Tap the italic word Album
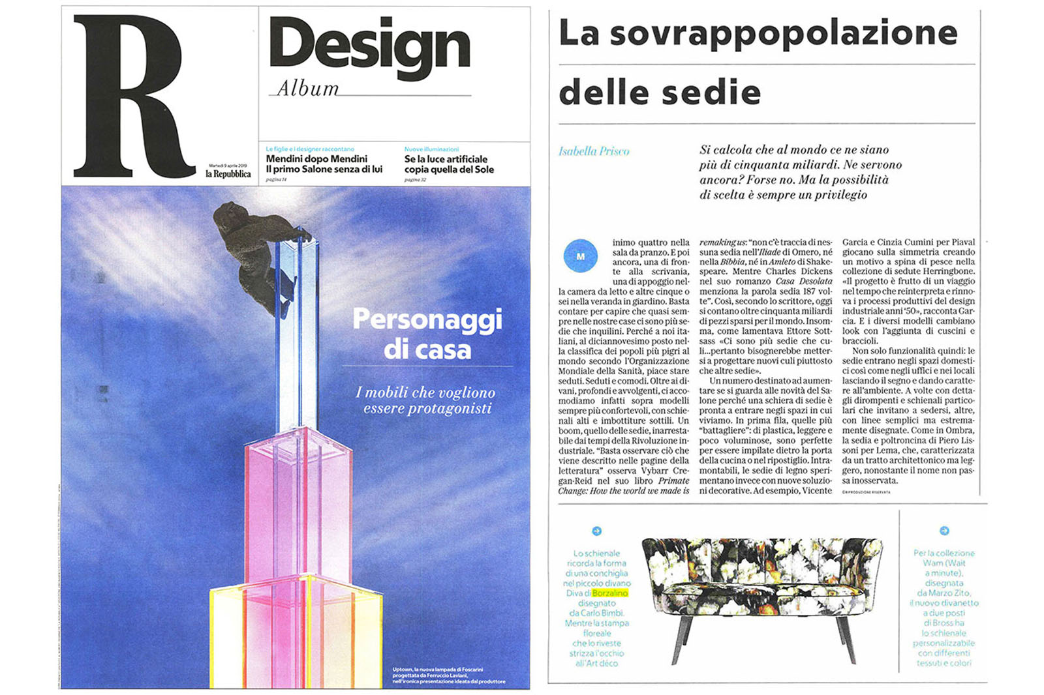click(x=308, y=89)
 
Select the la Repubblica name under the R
click(x=228, y=174)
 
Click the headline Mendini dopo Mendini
click(x=316, y=159)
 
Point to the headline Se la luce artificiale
click(x=446, y=159)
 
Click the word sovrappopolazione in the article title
click(x=783, y=34)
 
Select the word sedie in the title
click(x=717, y=93)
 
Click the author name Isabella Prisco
click(x=594, y=151)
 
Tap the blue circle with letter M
click(x=580, y=256)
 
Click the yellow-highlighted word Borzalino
click(x=610, y=593)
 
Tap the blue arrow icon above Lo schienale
click(x=596, y=531)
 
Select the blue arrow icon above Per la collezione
click(x=944, y=531)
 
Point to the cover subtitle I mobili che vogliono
click(x=425, y=392)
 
